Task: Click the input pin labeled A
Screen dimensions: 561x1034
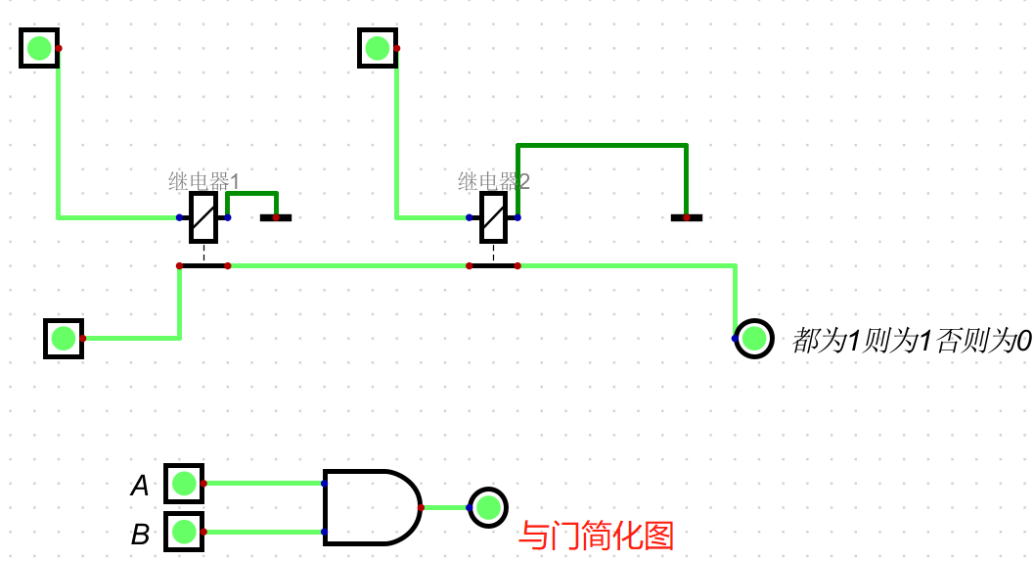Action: [184, 484]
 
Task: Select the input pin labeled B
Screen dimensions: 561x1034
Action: [184, 532]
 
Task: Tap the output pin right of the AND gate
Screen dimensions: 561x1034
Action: [488, 507]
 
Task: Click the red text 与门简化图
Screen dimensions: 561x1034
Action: [596, 536]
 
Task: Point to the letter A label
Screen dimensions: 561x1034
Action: [140, 486]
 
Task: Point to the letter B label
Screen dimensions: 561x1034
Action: [140, 535]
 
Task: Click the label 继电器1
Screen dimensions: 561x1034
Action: [203, 181]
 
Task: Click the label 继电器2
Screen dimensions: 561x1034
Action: [494, 181]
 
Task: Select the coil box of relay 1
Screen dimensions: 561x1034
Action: [203, 217]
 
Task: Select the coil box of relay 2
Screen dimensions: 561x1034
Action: [494, 217]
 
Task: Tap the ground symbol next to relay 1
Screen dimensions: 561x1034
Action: [275, 217]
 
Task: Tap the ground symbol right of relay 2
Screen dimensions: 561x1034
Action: [686, 217]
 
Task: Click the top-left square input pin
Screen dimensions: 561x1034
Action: [39, 48]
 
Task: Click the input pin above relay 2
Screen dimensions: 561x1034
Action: [378, 48]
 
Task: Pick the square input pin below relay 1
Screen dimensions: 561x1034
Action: [64, 339]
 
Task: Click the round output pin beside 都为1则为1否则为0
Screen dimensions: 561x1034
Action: [754, 339]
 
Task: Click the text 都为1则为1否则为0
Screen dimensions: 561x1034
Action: [911, 342]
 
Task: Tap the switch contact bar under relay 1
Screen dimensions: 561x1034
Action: [203, 265]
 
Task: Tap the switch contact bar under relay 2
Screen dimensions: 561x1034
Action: [494, 265]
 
